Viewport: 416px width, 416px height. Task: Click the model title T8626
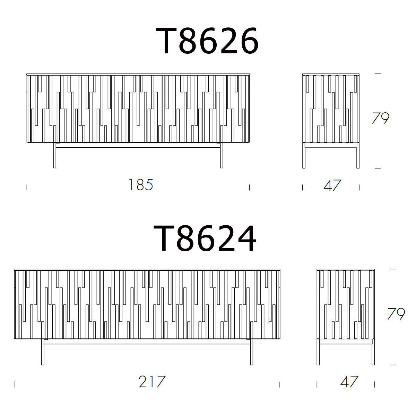click(x=207, y=41)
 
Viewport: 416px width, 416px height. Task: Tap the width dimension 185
click(x=140, y=185)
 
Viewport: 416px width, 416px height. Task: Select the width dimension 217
click(x=152, y=382)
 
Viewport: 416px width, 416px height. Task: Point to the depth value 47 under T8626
click(x=332, y=185)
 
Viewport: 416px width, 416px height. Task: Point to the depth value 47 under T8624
click(x=349, y=382)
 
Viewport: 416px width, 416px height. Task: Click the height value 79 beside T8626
click(x=380, y=119)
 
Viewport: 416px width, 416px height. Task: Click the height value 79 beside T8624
click(x=396, y=314)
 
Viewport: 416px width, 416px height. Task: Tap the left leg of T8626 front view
click(x=55, y=156)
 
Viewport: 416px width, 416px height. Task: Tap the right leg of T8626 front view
click(x=222, y=156)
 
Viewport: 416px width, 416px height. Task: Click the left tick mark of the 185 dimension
click(x=27, y=188)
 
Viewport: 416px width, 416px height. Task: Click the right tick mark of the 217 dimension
click(x=280, y=384)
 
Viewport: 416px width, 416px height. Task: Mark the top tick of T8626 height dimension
click(x=378, y=74)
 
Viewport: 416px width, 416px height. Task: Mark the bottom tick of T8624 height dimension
click(x=393, y=365)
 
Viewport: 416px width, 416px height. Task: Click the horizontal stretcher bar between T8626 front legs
click(x=138, y=147)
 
